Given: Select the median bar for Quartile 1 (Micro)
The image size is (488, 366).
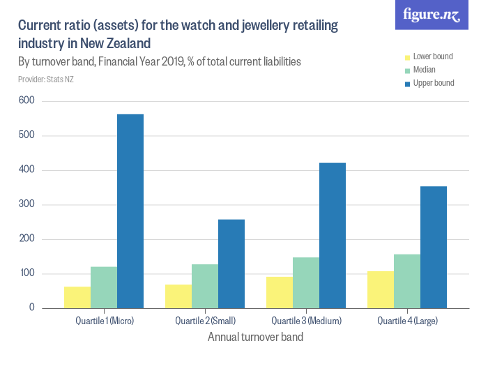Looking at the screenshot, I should point(104,287).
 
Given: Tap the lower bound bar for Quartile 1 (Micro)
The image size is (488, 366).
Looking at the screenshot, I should point(77,297).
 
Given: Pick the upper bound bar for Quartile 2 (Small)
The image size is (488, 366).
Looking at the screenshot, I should point(231,264).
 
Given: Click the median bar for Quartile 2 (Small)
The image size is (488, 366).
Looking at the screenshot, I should point(205,286).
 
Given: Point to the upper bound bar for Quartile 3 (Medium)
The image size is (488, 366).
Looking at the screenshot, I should point(333,235).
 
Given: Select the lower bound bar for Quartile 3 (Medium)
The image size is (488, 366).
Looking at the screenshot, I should point(280,292).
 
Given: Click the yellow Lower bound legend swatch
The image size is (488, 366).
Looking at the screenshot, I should point(409,56).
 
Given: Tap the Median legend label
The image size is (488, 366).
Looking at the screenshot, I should point(425,70).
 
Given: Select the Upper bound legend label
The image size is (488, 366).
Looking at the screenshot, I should point(434,83).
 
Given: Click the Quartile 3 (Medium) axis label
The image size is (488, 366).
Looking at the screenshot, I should point(307,321).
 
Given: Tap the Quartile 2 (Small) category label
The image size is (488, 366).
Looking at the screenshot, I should point(205,321).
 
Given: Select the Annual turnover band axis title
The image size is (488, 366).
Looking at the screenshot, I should point(255,337).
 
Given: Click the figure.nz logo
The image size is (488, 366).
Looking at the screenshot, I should point(433,15).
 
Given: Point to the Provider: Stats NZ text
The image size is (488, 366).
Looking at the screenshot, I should point(46,79).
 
